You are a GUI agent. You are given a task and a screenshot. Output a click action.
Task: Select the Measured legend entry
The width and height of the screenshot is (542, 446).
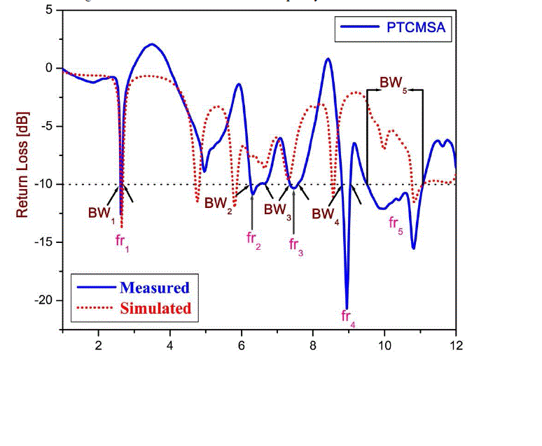(154, 287)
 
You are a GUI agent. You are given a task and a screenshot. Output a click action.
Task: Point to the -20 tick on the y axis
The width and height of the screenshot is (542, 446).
(47, 300)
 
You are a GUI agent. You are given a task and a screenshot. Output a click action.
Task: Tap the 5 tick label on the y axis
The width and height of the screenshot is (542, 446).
(48, 10)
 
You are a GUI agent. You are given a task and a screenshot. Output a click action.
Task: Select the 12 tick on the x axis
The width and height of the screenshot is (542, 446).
(456, 344)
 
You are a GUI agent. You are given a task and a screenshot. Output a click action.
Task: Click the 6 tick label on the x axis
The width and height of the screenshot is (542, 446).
(242, 344)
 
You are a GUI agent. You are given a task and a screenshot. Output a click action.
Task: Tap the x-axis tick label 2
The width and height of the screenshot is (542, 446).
(99, 344)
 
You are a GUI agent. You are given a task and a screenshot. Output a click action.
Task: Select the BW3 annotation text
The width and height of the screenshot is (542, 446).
(277, 209)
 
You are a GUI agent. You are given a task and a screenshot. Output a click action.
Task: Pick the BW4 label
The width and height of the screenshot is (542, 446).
(326, 214)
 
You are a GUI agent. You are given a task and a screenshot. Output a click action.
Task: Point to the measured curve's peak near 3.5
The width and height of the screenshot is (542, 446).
(151, 45)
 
